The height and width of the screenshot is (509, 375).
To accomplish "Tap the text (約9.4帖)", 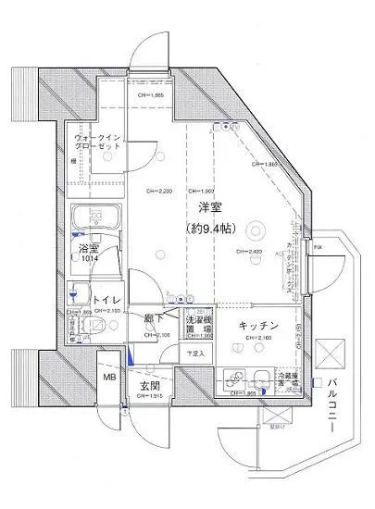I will (x=214, y=228).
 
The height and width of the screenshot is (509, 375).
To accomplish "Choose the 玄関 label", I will (x=152, y=385).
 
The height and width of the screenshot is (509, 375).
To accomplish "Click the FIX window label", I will (x=317, y=247).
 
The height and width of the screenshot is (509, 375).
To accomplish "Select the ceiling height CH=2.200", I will (x=158, y=192).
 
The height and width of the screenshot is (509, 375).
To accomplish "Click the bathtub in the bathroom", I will (x=95, y=222).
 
